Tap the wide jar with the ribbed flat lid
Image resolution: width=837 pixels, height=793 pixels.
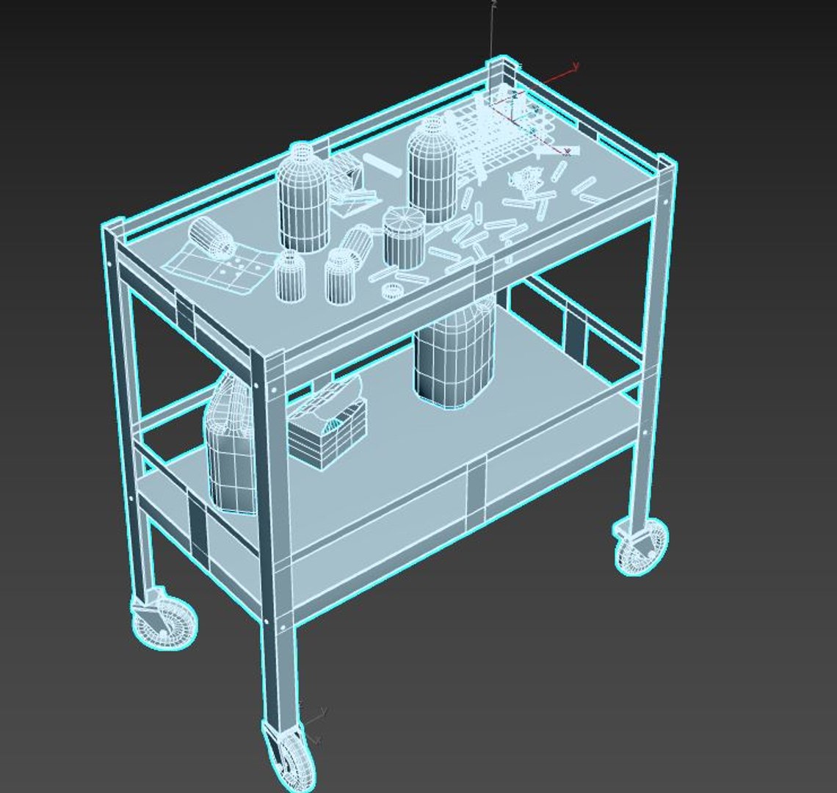pos(404,236)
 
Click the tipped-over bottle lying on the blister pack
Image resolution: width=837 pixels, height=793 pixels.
pos(211,239)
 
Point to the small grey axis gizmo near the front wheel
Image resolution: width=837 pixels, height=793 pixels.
pos(314,723)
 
